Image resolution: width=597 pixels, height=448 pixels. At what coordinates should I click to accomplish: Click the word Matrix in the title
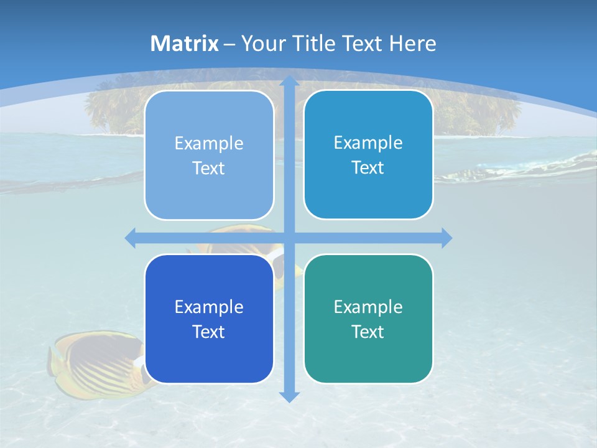click(185, 44)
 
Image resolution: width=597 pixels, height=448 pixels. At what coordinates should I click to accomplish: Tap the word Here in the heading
click(412, 44)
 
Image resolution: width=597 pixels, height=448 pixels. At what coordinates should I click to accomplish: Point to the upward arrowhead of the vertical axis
click(289, 81)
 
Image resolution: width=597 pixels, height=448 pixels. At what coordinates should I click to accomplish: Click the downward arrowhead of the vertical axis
click(289, 396)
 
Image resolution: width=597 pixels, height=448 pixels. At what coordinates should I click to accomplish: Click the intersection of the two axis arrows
click(289, 238)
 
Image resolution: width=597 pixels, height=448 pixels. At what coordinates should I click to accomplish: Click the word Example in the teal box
click(368, 307)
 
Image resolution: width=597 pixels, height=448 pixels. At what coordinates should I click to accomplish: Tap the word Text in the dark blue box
click(208, 332)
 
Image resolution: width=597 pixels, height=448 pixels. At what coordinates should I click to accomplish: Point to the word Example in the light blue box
click(209, 143)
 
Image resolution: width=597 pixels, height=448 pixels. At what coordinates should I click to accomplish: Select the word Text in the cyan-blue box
click(368, 167)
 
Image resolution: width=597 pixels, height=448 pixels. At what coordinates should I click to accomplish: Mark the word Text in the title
click(361, 44)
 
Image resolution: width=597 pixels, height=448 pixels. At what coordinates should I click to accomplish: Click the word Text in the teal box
click(368, 332)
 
